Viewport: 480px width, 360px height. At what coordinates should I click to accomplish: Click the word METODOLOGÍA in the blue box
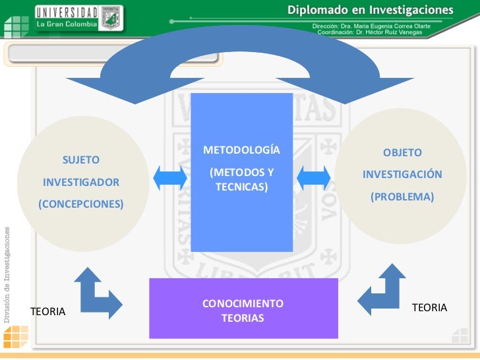241,150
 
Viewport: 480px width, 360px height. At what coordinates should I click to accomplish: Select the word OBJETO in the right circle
402,152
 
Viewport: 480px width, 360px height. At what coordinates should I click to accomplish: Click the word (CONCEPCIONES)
81,204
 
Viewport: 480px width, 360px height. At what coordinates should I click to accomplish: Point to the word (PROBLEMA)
402,196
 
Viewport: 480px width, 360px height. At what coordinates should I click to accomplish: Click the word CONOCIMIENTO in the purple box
243,304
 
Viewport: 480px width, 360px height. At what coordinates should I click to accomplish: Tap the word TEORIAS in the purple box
243,318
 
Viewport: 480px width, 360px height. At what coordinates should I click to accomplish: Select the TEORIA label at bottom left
48,311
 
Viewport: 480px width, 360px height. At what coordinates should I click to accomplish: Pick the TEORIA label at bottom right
429,307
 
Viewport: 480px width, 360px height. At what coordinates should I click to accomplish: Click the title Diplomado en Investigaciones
371,11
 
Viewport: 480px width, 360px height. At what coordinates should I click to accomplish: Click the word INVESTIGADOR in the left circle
81,181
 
